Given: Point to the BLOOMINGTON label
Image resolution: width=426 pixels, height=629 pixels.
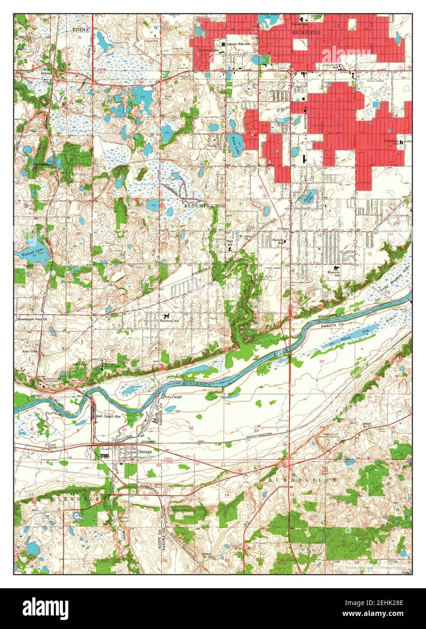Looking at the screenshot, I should point(204,205).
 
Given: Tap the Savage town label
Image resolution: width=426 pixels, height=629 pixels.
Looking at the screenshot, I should point(145,451).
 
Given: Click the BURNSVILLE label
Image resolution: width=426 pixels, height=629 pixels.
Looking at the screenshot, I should point(303,479).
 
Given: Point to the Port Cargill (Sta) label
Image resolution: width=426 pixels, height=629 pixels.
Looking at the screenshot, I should point(109,416).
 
